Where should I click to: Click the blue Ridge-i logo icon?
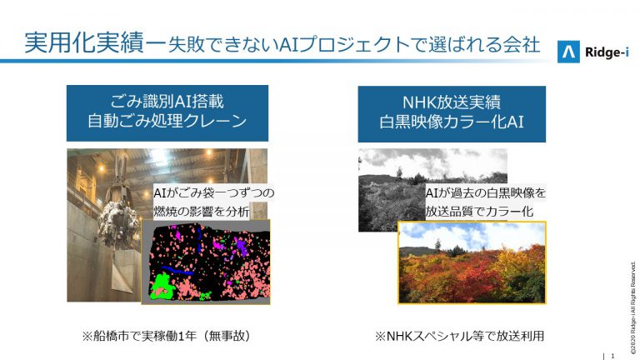pos(568,52)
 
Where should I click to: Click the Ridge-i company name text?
pos(607,52)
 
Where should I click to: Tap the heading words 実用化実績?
pos(84,43)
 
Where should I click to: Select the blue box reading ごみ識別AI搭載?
pos(167,113)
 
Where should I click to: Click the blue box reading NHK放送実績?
pos(452,114)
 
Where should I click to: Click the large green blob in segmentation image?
pos(162,286)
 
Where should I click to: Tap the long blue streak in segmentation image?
pos(177,270)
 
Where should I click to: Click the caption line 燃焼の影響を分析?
pos(201,212)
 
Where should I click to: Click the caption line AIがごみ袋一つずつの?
pos(214,192)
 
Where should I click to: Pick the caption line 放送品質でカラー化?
pos(479,212)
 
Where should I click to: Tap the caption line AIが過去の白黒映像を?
pos(485,192)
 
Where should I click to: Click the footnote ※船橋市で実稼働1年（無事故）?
pos(166,336)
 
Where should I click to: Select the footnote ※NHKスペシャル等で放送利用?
pos(460,336)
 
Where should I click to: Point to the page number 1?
pos(612,356)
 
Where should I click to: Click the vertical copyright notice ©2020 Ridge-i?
pos(633,308)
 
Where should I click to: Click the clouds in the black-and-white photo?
pos(432,161)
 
